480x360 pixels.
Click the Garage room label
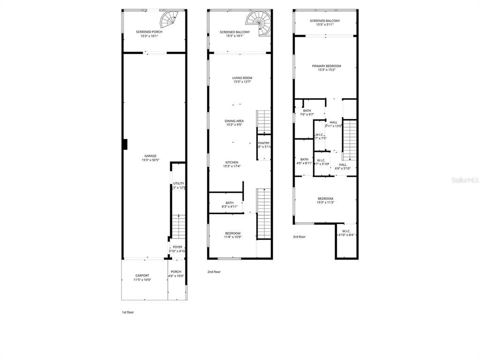150,156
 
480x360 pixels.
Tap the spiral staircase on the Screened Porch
170,20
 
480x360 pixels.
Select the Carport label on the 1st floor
142,276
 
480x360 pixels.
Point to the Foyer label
178,247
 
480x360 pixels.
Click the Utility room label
179,183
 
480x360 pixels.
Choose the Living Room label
242,78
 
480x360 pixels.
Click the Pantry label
264,143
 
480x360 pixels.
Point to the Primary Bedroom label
326,66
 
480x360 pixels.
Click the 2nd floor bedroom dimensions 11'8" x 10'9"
232,237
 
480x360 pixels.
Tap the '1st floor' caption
127,312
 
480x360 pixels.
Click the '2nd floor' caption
214,272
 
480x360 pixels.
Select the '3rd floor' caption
299,237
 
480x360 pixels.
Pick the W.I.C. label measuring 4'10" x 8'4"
346,232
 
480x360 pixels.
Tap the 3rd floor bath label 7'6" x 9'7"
307,112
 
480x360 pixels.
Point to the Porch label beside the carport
176,274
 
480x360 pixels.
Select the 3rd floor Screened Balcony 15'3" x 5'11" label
324,22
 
